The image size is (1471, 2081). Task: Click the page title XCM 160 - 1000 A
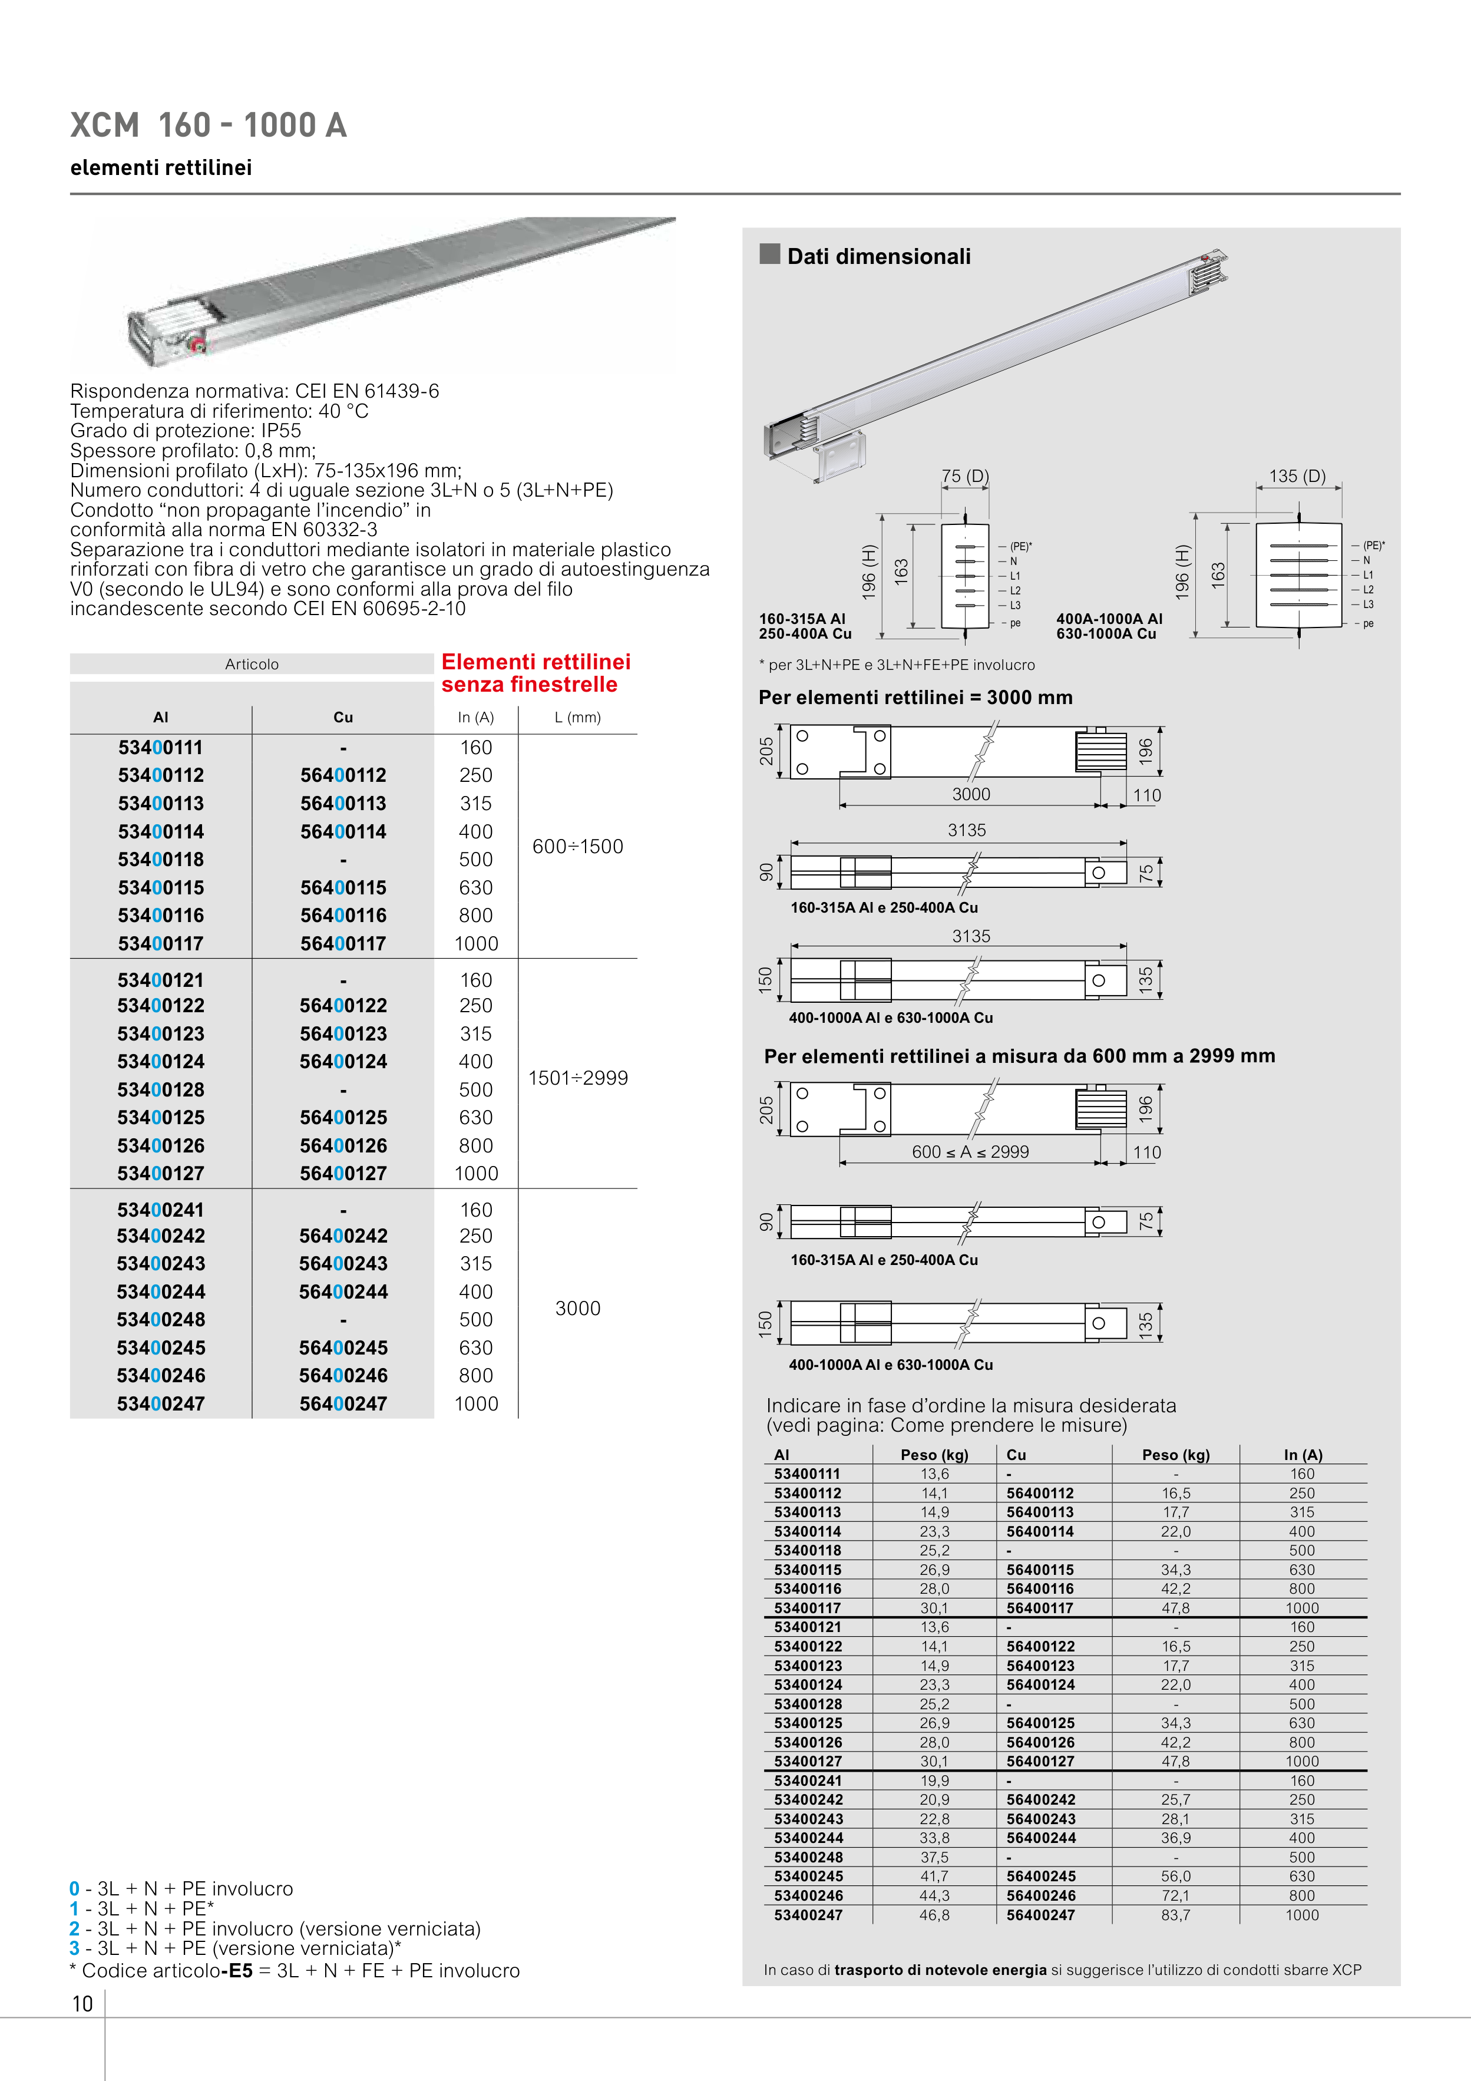point(209,125)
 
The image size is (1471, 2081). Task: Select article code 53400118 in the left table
point(160,859)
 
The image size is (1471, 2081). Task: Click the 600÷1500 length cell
point(577,847)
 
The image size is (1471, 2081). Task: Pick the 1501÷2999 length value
point(577,1078)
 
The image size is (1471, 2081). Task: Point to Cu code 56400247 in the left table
point(343,1404)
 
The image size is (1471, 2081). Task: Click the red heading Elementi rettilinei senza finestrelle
point(535,673)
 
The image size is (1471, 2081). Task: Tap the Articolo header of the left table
point(252,665)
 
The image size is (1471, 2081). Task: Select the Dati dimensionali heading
point(878,256)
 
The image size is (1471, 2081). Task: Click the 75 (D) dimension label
point(966,476)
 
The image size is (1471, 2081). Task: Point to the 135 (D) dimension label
point(1297,476)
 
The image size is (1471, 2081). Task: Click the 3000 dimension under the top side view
point(971,794)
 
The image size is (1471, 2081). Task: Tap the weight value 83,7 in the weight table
point(1175,1915)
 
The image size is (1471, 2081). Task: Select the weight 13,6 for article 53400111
point(934,1474)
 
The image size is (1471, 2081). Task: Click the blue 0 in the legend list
point(74,1889)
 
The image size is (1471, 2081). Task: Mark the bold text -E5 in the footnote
point(237,1970)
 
